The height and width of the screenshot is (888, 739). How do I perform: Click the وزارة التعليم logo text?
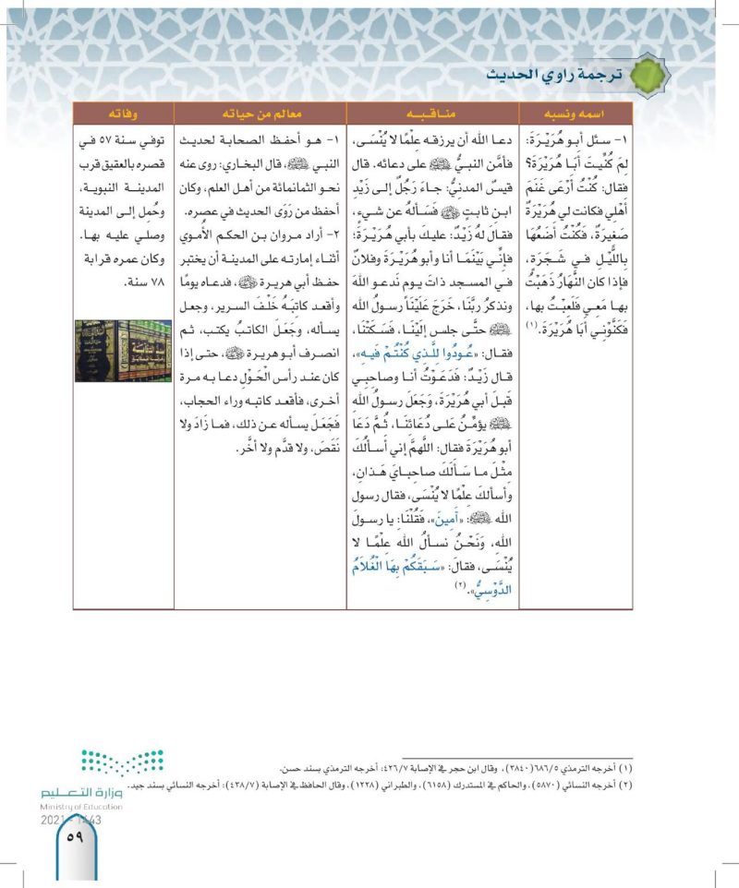82,792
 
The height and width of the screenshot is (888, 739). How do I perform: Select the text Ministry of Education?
78,807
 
